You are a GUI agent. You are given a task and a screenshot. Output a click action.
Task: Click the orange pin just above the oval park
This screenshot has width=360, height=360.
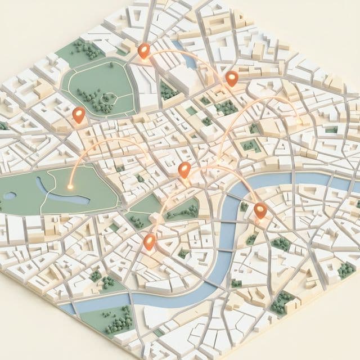pos(144,51)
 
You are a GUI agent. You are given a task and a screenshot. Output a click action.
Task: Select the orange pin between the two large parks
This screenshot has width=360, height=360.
pos(79,115)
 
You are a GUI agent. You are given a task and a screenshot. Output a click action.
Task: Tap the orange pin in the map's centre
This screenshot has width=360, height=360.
pos(184,169)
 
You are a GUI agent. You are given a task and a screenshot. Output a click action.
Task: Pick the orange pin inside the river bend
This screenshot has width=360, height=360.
pos(259,210)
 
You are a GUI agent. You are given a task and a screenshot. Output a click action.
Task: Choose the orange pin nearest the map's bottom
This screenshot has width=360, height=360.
pos(149,242)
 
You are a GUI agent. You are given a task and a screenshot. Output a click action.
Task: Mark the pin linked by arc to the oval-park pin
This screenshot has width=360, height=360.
pos(232,78)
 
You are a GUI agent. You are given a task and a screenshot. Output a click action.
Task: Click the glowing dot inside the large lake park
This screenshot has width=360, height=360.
pos(70,186)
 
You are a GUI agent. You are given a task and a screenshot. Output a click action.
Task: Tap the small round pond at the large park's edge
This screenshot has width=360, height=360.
pos(10,196)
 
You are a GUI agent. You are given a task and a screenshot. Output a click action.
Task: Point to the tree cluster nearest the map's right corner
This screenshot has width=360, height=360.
pos(345,271)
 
